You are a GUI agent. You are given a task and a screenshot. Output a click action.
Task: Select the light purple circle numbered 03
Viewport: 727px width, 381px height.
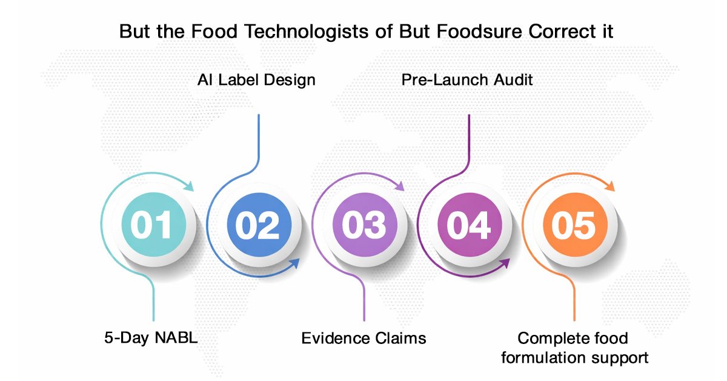(x=363, y=225)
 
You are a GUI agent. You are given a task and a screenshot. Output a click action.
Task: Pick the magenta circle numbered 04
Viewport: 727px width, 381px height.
(x=468, y=225)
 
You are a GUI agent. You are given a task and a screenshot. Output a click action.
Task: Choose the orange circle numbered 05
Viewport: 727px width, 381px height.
(x=574, y=225)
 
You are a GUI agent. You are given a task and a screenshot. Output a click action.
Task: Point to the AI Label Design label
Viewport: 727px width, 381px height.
(x=257, y=79)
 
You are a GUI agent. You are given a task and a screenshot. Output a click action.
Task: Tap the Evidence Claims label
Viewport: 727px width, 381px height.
(x=363, y=338)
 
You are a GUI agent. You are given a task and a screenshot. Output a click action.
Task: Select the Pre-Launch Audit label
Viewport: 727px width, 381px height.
(x=467, y=79)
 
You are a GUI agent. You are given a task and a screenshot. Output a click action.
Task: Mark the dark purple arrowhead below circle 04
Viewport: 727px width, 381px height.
(x=506, y=263)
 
